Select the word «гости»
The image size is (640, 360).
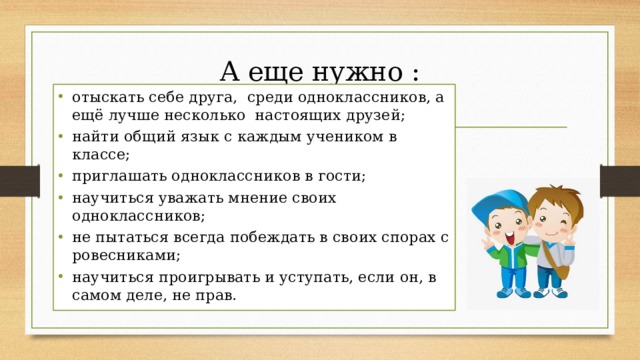tap(342, 176)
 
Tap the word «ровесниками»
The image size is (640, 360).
tap(118, 255)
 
